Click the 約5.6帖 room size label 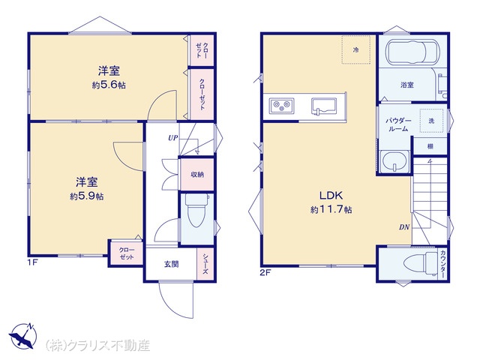(x=109, y=85)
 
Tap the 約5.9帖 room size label (x=87, y=196)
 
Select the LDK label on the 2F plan (x=331, y=195)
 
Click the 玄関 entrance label (x=172, y=264)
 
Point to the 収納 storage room (x=197, y=174)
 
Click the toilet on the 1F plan (x=196, y=211)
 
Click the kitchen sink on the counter (x=324, y=106)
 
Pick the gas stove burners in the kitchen (x=282, y=106)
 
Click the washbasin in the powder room (x=394, y=161)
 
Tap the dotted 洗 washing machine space (x=431, y=121)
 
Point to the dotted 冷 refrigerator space (x=356, y=49)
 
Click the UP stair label (x=172, y=138)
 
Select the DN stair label (x=404, y=227)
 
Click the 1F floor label (x=32, y=262)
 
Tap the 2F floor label (x=265, y=272)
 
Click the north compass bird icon (x=22, y=336)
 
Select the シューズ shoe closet (x=205, y=264)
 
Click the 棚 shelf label (x=430, y=147)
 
